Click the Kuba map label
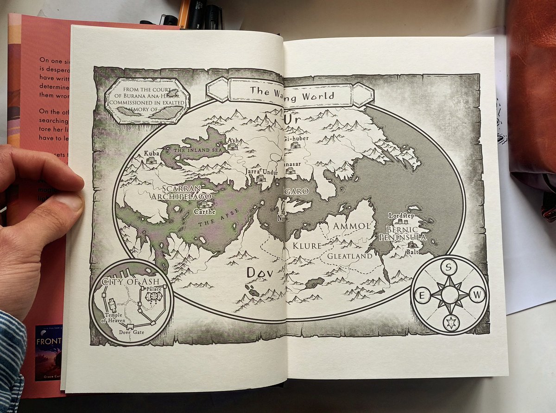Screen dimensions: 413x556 click(x=152, y=153)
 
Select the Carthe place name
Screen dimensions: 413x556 click(x=205, y=212)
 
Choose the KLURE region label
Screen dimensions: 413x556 click(x=307, y=246)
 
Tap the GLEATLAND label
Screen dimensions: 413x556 click(x=350, y=256)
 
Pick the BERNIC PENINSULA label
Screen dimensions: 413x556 click(x=401, y=233)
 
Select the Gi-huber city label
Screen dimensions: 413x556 click(x=295, y=138)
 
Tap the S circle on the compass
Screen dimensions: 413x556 click(x=448, y=267)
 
